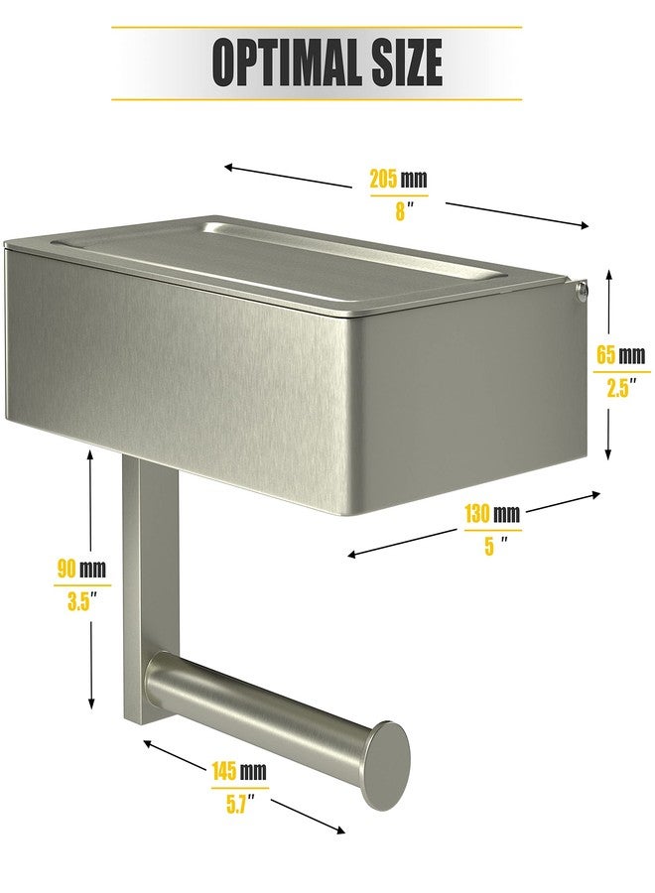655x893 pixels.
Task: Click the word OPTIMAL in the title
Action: click(x=287, y=62)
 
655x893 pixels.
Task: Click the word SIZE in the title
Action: click(x=407, y=62)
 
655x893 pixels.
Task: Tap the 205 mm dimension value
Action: click(x=398, y=179)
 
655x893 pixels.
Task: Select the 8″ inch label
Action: click(x=402, y=211)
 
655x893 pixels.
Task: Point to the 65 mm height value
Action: click(x=620, y=355)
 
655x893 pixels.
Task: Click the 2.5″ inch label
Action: click(x=620, y=388)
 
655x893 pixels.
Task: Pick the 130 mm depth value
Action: click(x=492, y=513)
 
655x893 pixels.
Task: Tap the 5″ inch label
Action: click(x=494, y=546)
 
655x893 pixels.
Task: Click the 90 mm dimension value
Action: click(x=81, y=568)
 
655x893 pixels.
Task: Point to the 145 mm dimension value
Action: click(x=239, y=771)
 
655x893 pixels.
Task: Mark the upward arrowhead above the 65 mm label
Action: click(x=609, y=276)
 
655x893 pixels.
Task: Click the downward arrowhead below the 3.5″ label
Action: click(x=91, y=703)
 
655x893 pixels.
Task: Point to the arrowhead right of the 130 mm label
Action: click(x=594, y=494)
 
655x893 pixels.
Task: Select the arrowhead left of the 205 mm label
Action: click(x=230, y=167)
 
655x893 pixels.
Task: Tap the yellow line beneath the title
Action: click(x=317, y=99)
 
